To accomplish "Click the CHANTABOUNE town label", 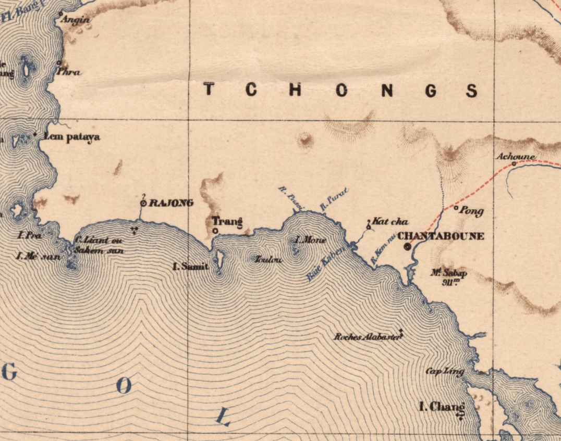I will point(441,236).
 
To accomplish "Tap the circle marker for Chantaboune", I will point(407,247).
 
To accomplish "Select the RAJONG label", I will point(171,203).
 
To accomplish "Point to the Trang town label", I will point(227,222).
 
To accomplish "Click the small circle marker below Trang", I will point(215,231).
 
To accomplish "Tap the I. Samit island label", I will point(191,267).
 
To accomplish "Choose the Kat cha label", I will point(390,222).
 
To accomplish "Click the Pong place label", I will point(471,211).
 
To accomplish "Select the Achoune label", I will point(515,156).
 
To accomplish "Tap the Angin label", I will point(76,20).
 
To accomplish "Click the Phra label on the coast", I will point(70,72).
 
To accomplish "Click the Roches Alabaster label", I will point(368,337).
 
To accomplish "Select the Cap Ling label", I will point(445,371).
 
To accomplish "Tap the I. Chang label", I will point(442,407).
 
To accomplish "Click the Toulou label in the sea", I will point(268,259).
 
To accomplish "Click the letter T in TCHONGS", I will point(209,90).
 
